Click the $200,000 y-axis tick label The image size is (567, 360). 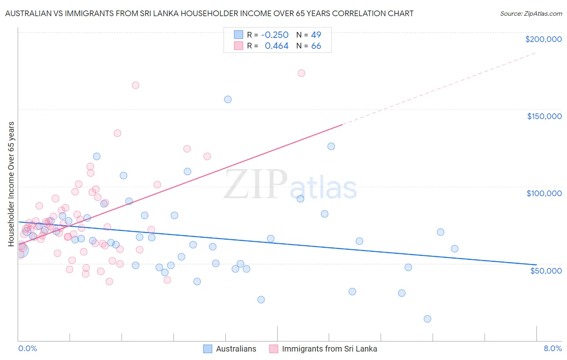point(543,39)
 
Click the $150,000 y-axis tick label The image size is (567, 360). point(544,116)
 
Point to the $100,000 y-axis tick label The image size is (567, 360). point(544,193)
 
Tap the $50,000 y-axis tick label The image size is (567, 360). point(546,270)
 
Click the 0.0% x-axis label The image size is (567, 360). point(27,348)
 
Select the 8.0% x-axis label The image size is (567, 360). point(552,348)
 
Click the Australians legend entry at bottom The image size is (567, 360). point(236,349)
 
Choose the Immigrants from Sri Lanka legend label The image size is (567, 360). point(329,349)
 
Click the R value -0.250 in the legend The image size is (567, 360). point(275,35)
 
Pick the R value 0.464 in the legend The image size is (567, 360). point(277,46)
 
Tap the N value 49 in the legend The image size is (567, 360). point(316,35)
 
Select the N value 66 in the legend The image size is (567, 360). point(316,46)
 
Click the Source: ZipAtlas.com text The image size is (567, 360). point(531,13)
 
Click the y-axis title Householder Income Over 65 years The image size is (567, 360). point(11,184)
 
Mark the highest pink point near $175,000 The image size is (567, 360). point(301,73)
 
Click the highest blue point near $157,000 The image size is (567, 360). point(228,99)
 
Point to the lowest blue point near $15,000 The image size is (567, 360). point(427,319)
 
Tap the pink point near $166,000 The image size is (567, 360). point(135,85)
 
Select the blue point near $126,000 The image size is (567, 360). point(331,147)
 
